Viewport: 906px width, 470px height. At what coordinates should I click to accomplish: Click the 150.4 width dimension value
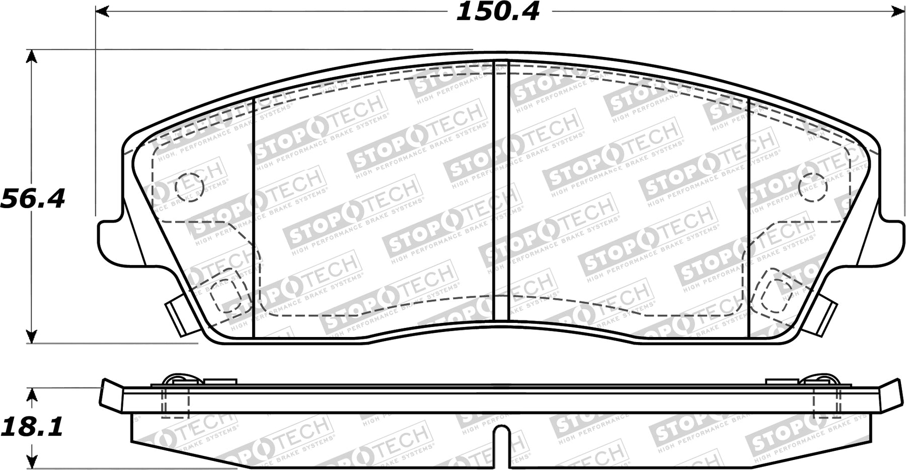tap(497, 12)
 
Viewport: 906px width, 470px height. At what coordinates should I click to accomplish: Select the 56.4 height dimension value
tap(33, 198)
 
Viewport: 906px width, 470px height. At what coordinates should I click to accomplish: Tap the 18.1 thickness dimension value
tap(32, 427)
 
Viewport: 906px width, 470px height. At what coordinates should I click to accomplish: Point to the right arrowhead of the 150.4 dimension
tap(897, 11)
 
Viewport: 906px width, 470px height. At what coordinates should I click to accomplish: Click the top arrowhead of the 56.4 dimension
tap(32, 56)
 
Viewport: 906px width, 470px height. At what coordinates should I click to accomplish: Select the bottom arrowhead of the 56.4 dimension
tap(32, 336)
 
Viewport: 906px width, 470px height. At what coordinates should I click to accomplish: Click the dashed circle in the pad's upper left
tap(189, 187)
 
